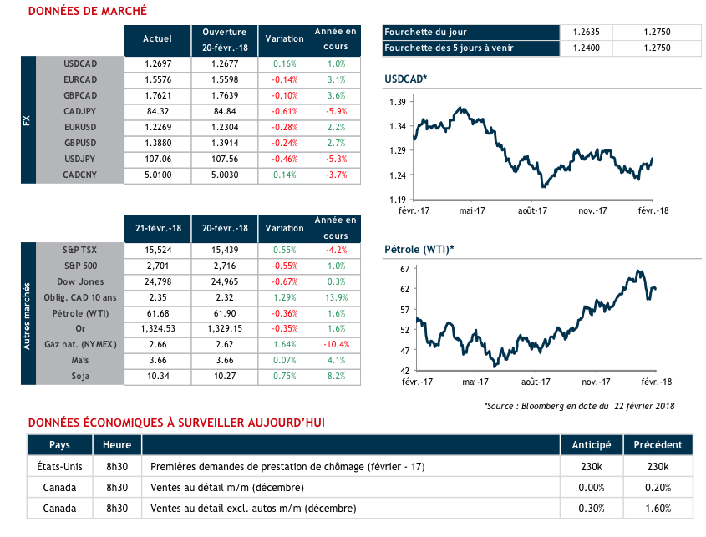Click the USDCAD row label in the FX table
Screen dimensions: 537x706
click(81, 63)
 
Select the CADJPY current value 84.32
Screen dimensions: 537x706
click(157, 111)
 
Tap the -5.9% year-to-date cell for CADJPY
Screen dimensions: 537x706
click(336, 111)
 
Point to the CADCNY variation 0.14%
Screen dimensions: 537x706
click(284, 175)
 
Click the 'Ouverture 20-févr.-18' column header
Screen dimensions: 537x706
click(219, 38)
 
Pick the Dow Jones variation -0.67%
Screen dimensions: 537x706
click(284, 281)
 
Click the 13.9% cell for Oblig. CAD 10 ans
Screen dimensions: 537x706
click(336, 297)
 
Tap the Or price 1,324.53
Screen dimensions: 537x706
click(157, 329)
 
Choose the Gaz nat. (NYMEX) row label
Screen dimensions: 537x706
click(81, 344)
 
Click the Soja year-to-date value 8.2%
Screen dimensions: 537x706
click(336, 376)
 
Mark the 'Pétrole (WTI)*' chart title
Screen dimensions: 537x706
click(418, 249)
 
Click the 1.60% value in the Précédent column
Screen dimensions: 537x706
click(658, 508)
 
